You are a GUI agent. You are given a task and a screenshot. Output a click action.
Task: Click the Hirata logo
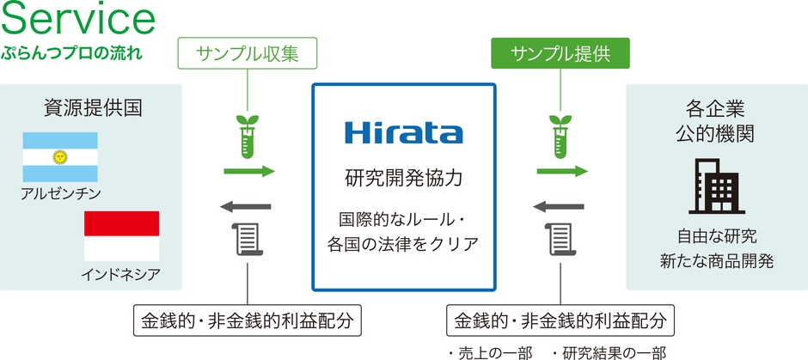(x=403, y=133)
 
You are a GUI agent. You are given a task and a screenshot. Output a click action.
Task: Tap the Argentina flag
(x=60, y=156)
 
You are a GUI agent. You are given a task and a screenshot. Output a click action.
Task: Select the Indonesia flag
(x=121, y=236)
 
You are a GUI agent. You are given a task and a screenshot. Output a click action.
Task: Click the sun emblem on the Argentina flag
(x=60, y=156)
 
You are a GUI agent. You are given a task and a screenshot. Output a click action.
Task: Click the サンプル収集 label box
(x=247, y=55)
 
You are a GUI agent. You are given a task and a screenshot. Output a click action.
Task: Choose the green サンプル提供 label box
(x=560, y=55)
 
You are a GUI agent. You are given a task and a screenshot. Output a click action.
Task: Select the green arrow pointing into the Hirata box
(x=249, y=172)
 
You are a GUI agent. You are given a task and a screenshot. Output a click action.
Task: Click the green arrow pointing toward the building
(x=563, y=172)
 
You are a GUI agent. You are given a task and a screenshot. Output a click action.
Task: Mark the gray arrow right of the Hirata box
(x=560, y=206)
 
